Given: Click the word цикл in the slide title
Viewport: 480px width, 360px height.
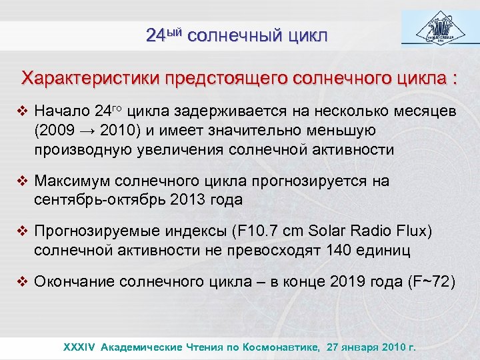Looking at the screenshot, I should click(307, 35).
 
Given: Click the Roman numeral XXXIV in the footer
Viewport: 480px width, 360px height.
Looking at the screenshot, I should click(79, 347).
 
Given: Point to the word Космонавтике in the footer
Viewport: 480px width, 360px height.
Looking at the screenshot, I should click(274, 347).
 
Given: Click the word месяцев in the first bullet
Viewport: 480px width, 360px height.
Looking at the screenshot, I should click(423, 111).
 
